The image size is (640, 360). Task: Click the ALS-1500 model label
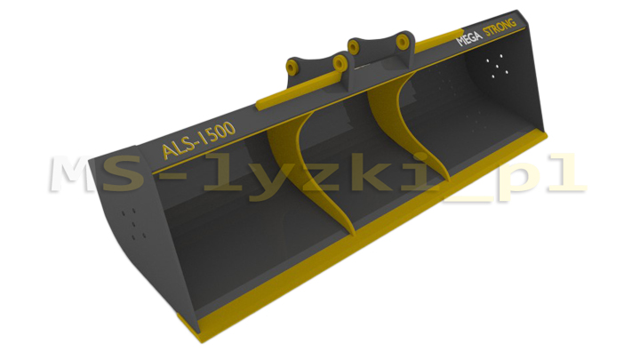pyautogui.click(x=198, y=140)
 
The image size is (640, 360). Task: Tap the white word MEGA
pyautogui.click(x=469, y=38)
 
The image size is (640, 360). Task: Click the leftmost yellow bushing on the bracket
pyautogui.click(x=292, y=68)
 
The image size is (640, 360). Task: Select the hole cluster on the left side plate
pyautogui.click(x=135, y=224)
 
